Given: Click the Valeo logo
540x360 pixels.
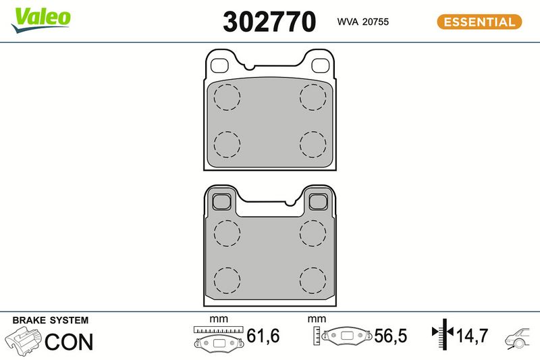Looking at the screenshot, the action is (41, 20).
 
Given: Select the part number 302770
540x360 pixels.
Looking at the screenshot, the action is (269, 22).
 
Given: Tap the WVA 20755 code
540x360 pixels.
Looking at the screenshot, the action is (363, 22).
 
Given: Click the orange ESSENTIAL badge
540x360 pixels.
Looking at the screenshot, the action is (479, 22).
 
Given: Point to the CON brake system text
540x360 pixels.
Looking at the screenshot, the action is (69, 342).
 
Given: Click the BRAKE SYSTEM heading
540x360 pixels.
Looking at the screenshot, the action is (50, 320).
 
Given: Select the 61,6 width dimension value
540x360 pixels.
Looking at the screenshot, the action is (263, 336).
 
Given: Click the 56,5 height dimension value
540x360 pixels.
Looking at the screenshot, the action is (391, 336).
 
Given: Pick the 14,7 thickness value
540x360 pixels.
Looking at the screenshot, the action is (472, 336).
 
